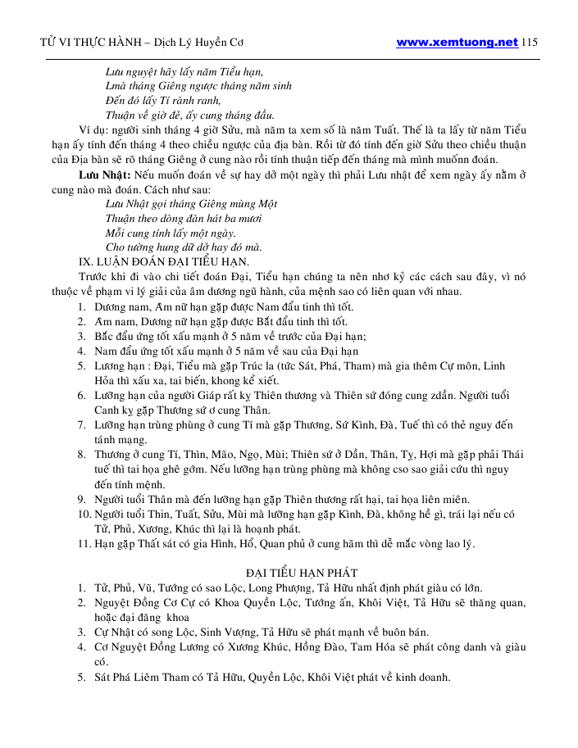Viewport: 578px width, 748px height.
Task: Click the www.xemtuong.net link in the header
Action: [x=457, y=42]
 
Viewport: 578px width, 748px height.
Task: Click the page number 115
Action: [x=529, y=42]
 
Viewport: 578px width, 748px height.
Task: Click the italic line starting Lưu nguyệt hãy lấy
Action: [x=184, y=71]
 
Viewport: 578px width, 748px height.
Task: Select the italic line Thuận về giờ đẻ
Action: [x=189, y=114]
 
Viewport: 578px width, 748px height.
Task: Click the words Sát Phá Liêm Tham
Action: [x=144, y=678]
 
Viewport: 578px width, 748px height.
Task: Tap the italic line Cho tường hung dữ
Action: [x=184, y=247]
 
